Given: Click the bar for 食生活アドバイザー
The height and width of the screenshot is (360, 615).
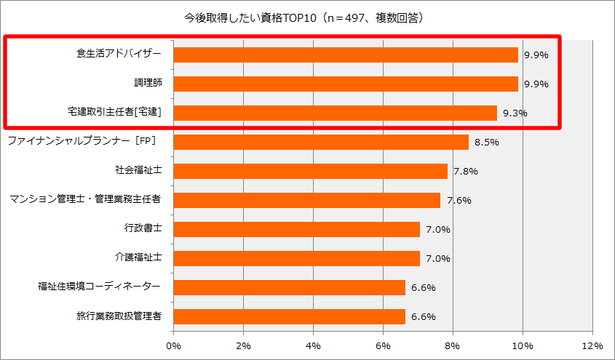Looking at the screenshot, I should click(346, 55).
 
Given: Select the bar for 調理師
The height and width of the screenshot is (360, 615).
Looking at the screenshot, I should click(346, 84).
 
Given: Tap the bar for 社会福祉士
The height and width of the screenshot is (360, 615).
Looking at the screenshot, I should click(311, 171).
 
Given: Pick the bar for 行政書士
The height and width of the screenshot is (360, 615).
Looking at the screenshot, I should click(297, 229).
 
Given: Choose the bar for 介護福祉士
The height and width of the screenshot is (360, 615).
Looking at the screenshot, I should click(297, 258).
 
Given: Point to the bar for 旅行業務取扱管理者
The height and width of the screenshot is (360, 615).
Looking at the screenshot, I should click(290, 316).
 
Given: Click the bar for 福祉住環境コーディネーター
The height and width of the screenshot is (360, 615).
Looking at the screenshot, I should click(290, 287).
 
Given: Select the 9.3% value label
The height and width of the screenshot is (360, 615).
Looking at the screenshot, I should click(515, 113).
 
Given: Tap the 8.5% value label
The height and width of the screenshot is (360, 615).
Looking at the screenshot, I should click(486, 143).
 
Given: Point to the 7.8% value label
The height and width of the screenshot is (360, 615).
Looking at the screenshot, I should click(466, 172).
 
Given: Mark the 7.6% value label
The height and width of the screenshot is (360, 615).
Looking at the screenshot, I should click(459, 201).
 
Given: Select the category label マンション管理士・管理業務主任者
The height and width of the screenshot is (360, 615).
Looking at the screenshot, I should click(85, 199).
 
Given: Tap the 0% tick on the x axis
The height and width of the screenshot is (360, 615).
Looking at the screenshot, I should click(174, 345).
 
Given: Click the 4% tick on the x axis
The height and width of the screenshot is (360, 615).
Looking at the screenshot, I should click(314, 345).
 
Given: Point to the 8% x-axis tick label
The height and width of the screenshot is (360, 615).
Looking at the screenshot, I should click(453, 345).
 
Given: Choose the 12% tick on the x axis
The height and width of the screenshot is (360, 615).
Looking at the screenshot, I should click(592, 345).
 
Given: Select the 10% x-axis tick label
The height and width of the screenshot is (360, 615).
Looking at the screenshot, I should click(523, 345).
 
